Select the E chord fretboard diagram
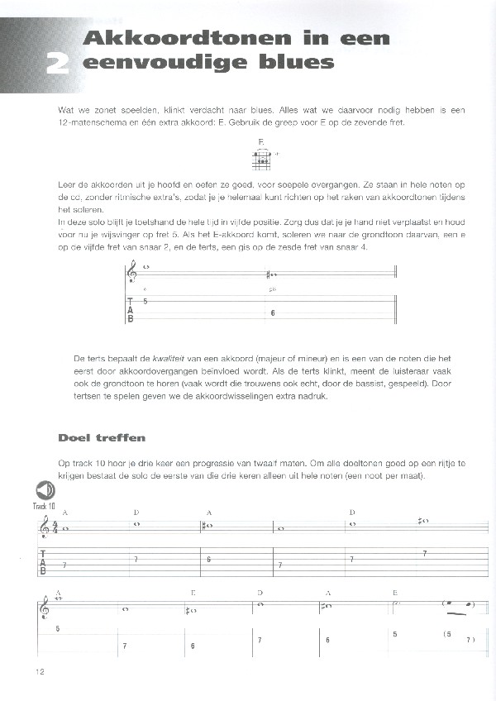[x=260, y=154]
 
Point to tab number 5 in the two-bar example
[x=145, y=301]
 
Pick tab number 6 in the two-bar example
[x=272, y=312]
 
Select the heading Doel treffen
[x=102, y=437]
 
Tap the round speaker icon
[x=45, y=489]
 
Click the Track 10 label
[x=45, y=505]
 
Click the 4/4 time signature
[x=56, y=526]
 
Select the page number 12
[x=40, y=670]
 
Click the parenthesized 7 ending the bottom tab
[x=469, y=641]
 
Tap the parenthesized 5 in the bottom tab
[x=447, y=634]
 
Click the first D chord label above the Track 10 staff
[x=136, y=513]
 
